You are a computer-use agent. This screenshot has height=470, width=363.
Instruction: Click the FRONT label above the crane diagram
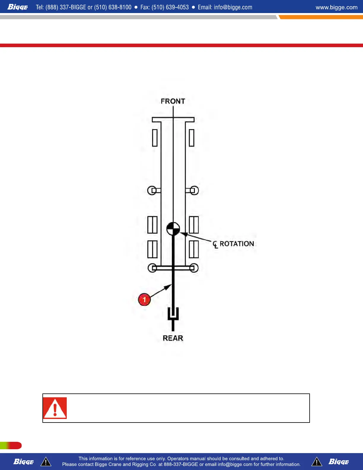click(173, 101)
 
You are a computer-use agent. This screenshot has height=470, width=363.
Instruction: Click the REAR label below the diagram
click(173, 338)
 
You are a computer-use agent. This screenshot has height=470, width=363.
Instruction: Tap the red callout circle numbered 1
click(144, 299)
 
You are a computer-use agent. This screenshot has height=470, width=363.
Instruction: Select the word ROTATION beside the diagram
click(237, 244)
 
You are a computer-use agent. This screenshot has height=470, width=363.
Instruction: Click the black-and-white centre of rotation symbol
click(173, 229)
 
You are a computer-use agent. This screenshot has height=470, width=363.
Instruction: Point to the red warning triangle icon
click(55, 408)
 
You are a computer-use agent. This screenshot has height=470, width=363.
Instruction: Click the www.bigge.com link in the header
click(336, 7)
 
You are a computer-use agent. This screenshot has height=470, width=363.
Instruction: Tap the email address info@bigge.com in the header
click(233, 7)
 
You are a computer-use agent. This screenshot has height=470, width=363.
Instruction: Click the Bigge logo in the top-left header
click(18, 7)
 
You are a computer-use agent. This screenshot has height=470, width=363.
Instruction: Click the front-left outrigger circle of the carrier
click(152, 190)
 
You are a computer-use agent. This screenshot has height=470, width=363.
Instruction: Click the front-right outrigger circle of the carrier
click(194, 190)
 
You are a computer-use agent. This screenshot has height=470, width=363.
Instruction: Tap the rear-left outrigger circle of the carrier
click(152, 268)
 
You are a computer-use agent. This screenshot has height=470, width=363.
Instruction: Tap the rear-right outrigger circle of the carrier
click(194, 268)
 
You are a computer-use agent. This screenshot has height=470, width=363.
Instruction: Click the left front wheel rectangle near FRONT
click(155, 138)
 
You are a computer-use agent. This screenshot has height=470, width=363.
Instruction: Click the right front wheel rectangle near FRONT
click(192, 138)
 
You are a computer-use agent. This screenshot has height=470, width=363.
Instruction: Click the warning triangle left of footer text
click(46, 462)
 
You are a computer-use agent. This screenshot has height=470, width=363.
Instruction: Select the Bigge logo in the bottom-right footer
click(339, 462)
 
